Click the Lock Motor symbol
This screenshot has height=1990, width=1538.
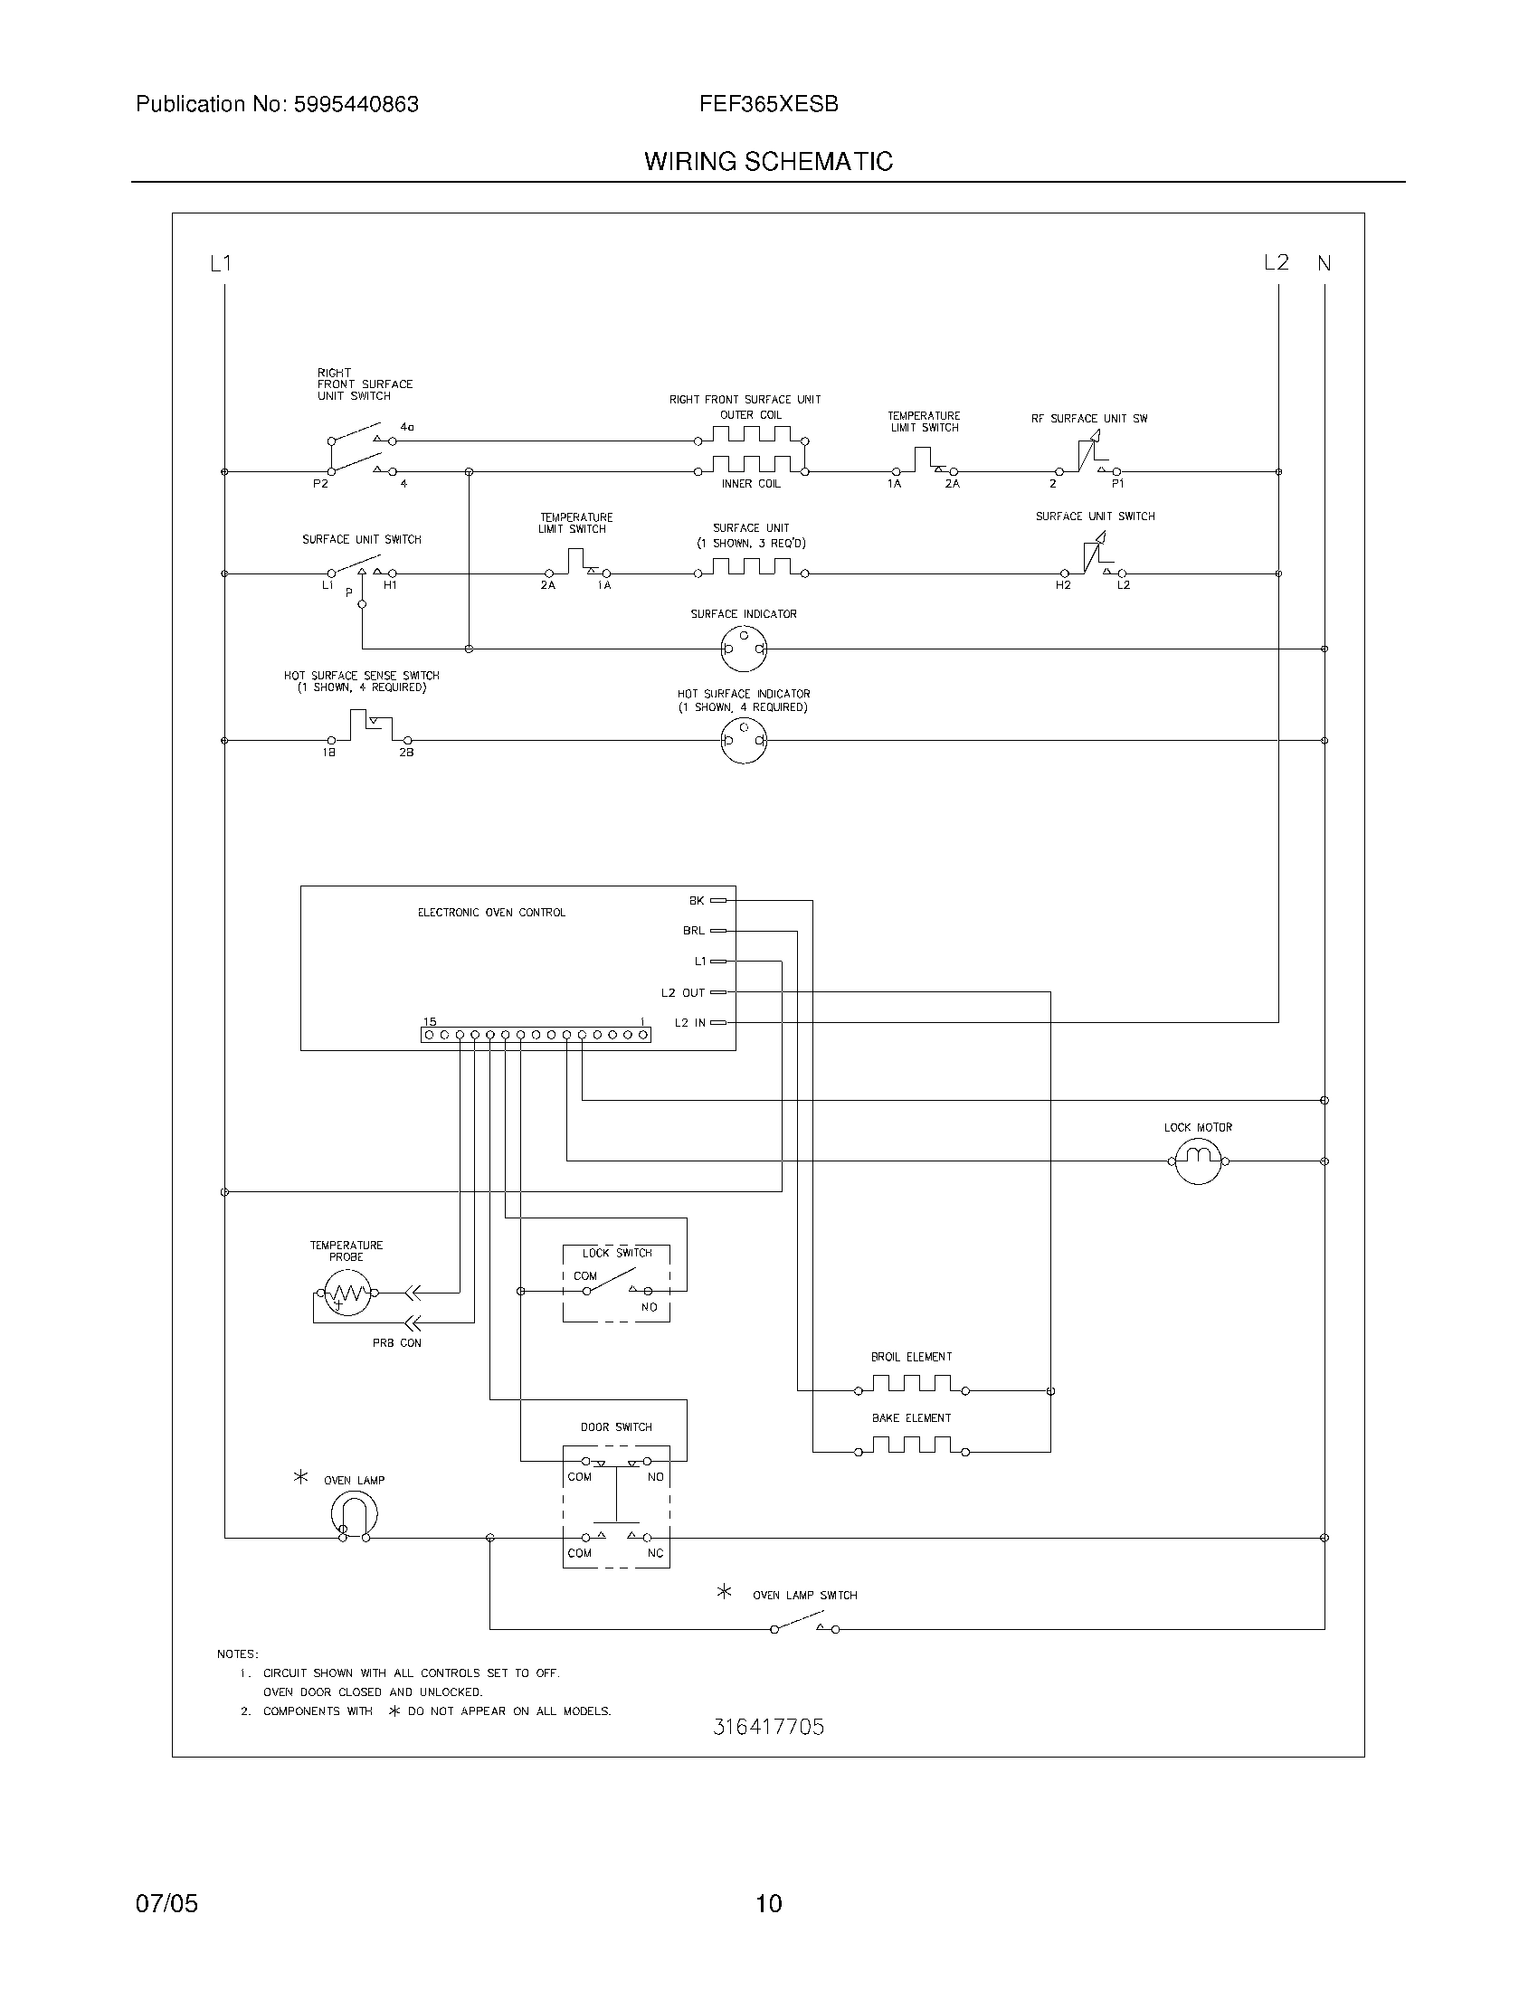[1197, 1161]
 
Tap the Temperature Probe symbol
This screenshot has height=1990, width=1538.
[346, 1292]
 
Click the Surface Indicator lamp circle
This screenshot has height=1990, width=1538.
[744, 649]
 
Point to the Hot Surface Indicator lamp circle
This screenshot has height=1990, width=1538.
[744, 741]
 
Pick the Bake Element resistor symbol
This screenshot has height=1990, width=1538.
[911, 1447]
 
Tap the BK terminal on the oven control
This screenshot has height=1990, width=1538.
[718, 900]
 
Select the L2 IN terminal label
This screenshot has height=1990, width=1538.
[689, 1023]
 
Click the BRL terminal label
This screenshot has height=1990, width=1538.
[693, 931]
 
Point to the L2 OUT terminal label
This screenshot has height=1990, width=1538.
[683, 993]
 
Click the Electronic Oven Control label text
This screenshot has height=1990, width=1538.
[491, 912]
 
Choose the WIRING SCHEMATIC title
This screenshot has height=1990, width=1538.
[768, 161]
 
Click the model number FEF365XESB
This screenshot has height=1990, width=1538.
[768, 104]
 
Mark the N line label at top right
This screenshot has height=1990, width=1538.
[1324, 263]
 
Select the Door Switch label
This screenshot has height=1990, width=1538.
[616, 1426]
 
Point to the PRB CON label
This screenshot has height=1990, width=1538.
[396, 1343]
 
